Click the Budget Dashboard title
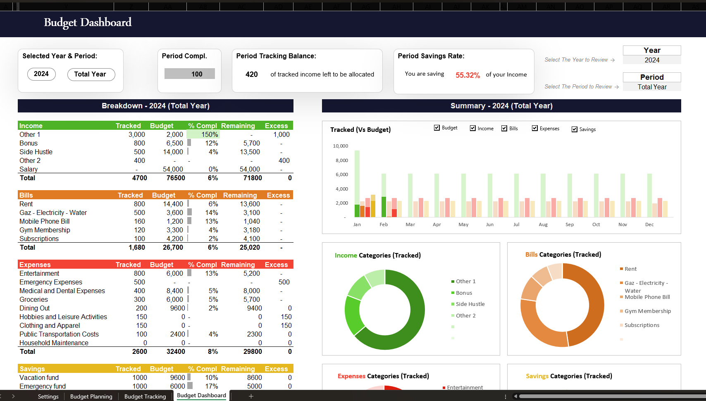[88, 22]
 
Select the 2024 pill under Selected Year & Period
[41, 74]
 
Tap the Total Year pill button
[91, 74]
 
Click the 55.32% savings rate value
[467, 75]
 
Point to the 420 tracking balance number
[251, 74]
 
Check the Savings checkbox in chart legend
[575, 129]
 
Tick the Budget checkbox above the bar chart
[437, 128]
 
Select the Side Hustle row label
[36, 152]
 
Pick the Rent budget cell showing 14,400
[173, 204]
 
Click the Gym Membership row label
[45, 230]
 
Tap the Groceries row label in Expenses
[33, 300]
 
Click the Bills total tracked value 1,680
[137, 248]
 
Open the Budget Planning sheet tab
[91, 396]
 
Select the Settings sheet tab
[48, 396]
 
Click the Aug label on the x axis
[543, 224]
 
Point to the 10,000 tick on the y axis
[341, 146]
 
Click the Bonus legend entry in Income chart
[464, 293]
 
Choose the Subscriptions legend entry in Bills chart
[642, 325]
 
